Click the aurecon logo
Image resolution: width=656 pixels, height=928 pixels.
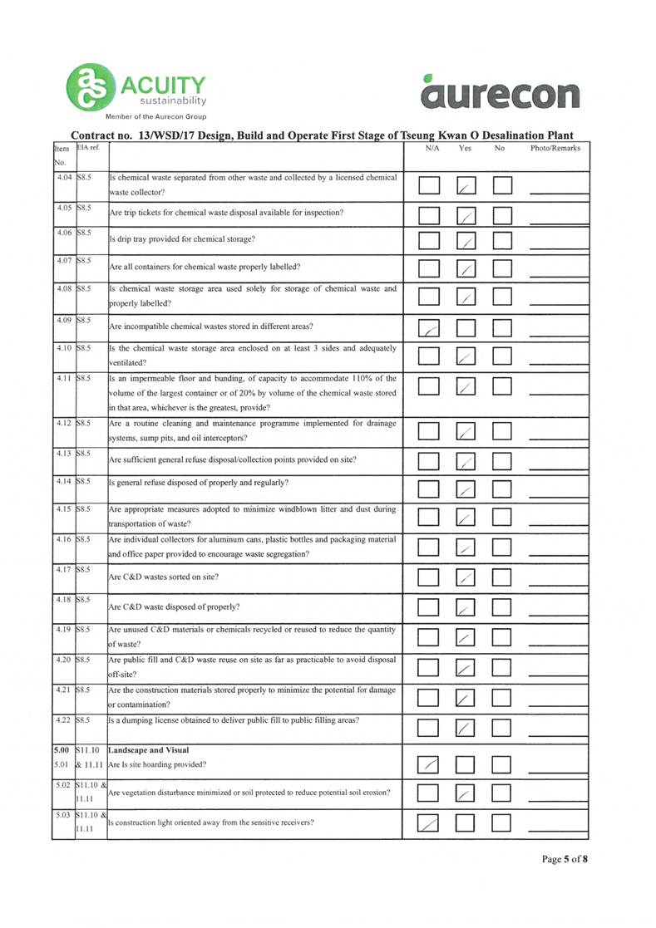click(501, 89)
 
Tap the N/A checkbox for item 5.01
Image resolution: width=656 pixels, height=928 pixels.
click(428, 762)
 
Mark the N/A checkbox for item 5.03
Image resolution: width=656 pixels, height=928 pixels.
click(428, 823)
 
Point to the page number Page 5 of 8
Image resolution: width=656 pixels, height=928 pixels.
click(565, 858)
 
